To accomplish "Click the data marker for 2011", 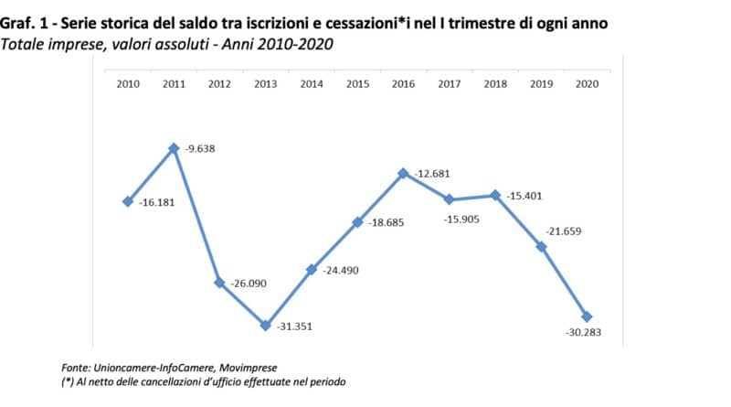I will point(174,148).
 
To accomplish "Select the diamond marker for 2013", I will point(265,325).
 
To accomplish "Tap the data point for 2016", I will point(403,173).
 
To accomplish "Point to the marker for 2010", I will point(128,201).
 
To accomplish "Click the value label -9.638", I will point(200,148).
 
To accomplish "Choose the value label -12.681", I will point(430,174).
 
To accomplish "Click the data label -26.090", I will point(247,284).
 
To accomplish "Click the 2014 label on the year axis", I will point(312,84).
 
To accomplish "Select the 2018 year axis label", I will point(495,84).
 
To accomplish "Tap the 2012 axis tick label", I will point(219,84).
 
